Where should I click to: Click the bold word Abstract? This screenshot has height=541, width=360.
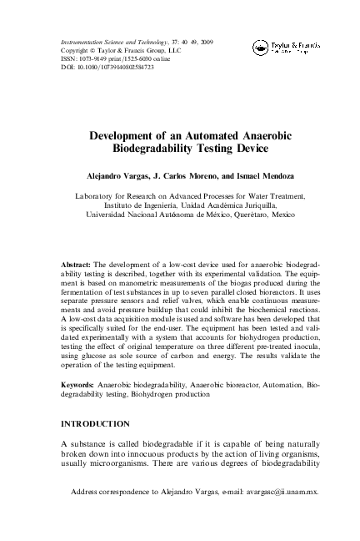tap(78, 251)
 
